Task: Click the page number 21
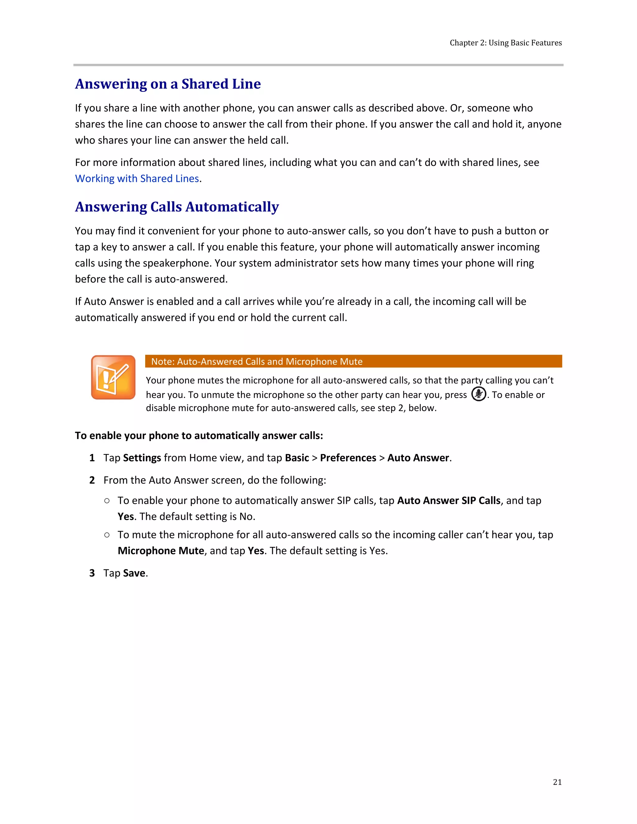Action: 557,782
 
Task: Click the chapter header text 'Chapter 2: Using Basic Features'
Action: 505,43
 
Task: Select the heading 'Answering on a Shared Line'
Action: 168,84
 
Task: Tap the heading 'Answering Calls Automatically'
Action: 177,207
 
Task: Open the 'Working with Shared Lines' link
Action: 137,178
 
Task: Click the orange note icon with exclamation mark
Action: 113,377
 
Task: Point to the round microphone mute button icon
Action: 478,394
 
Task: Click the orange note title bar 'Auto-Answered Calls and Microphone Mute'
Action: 353,361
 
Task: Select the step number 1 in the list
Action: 92,458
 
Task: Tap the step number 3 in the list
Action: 92,573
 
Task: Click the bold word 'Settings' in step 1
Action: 142,458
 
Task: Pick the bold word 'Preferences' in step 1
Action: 348,458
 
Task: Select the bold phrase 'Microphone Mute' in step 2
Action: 161,551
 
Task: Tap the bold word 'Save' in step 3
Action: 134,573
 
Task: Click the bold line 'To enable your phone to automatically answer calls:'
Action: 199,436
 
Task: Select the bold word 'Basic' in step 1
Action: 297,458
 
